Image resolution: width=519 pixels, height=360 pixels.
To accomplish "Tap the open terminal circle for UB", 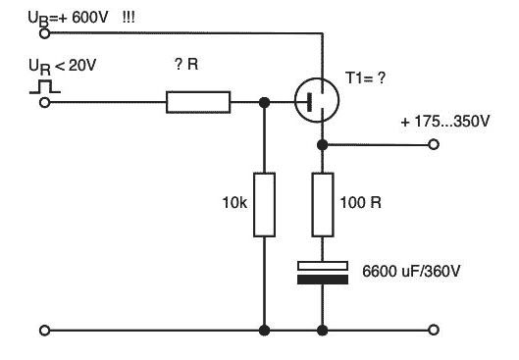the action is tap(44, 33).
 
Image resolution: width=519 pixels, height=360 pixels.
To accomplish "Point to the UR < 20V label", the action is tap(62, 66).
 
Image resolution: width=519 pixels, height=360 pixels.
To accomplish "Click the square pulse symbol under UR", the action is tap(45, 86).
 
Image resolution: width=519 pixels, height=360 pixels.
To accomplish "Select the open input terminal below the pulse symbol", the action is tap(44, 103).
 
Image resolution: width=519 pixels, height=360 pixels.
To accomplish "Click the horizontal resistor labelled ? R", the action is tap(198, 102).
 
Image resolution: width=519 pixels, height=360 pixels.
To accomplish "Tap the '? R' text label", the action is tap(186, 64).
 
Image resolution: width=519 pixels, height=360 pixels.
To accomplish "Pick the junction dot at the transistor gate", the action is tap(264, 103).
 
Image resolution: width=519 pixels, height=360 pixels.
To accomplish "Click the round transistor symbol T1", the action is tap(317, 100).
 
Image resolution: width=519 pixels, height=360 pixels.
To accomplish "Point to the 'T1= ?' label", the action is tap(365, 78).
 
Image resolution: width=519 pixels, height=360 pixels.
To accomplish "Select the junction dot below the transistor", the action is tap(322, 144).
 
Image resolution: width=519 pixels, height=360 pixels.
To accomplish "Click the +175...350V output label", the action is tap(445, 122).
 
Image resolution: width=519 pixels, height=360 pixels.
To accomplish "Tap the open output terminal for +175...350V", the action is tap(434, 144).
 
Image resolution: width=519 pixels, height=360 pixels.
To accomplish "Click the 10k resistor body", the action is tap(264, 204).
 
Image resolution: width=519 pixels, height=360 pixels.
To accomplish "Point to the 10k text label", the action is tap(234, 203).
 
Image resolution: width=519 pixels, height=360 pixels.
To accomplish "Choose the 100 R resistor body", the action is tap(323, 204).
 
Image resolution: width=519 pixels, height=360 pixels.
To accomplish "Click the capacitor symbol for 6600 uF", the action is tap(323, 273).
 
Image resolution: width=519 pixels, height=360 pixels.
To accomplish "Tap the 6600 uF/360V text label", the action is tap(411, 272).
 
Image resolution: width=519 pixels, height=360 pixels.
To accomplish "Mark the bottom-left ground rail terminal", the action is tap(44, 330).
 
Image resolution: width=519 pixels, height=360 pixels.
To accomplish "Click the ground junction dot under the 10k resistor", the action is tap(264, 330).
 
